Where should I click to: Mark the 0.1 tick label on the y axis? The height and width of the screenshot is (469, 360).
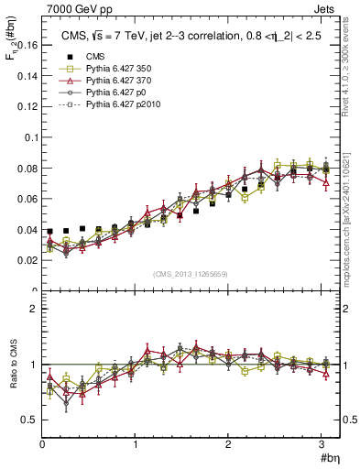coord(29,137)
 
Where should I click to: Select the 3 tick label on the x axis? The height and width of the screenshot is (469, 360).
coord(322,444)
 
